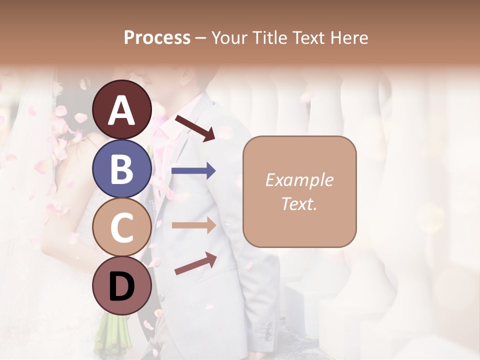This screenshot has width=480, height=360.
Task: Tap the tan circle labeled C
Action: coord(121,227)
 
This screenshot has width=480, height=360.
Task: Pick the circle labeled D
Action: coord(121,285)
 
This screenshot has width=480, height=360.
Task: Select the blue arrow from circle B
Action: coord(193,171)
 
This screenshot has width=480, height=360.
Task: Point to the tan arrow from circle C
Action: coord(193,225)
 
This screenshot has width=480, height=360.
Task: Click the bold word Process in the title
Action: coord(157,37)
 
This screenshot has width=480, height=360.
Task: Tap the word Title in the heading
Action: coord(269,37)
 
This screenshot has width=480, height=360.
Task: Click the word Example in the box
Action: coord(299,180)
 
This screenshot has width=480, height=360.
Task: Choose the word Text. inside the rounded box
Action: coord(299,203)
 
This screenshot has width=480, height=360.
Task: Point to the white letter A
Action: coord(121,110)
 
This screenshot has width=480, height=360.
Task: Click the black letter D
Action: coord(121,286)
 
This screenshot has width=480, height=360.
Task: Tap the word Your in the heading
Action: coord(229,37)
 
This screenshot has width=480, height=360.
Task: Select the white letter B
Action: coord(121,168)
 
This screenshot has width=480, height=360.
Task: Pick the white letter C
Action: coord(121,227)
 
